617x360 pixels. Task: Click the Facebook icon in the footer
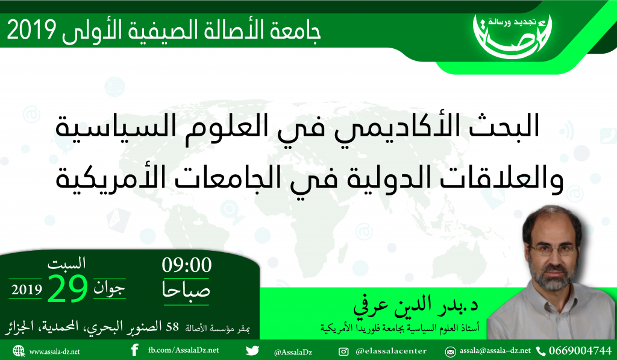[134, 350]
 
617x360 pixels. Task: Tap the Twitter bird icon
[252, 350]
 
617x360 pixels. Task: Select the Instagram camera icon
[343, 352]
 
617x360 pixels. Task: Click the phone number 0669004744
[580, 350]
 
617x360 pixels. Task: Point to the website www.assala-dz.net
[54, 352]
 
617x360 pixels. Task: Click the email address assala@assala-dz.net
[495, 350]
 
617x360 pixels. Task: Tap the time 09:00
[187, 265]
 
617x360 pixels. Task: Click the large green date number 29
[67, 288]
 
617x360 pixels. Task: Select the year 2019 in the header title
[31, 30]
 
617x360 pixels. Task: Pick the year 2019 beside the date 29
[27, 290]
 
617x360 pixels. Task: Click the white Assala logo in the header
[512, 37]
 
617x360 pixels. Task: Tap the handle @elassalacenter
[390, 351]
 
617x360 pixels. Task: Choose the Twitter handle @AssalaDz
[293, 352]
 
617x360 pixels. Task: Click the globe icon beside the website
[19, 351]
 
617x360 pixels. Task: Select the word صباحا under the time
[186, 290]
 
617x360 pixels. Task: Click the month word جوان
[109, 289]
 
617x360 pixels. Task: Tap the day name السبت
[66, 263]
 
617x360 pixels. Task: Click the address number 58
[172, 327]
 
